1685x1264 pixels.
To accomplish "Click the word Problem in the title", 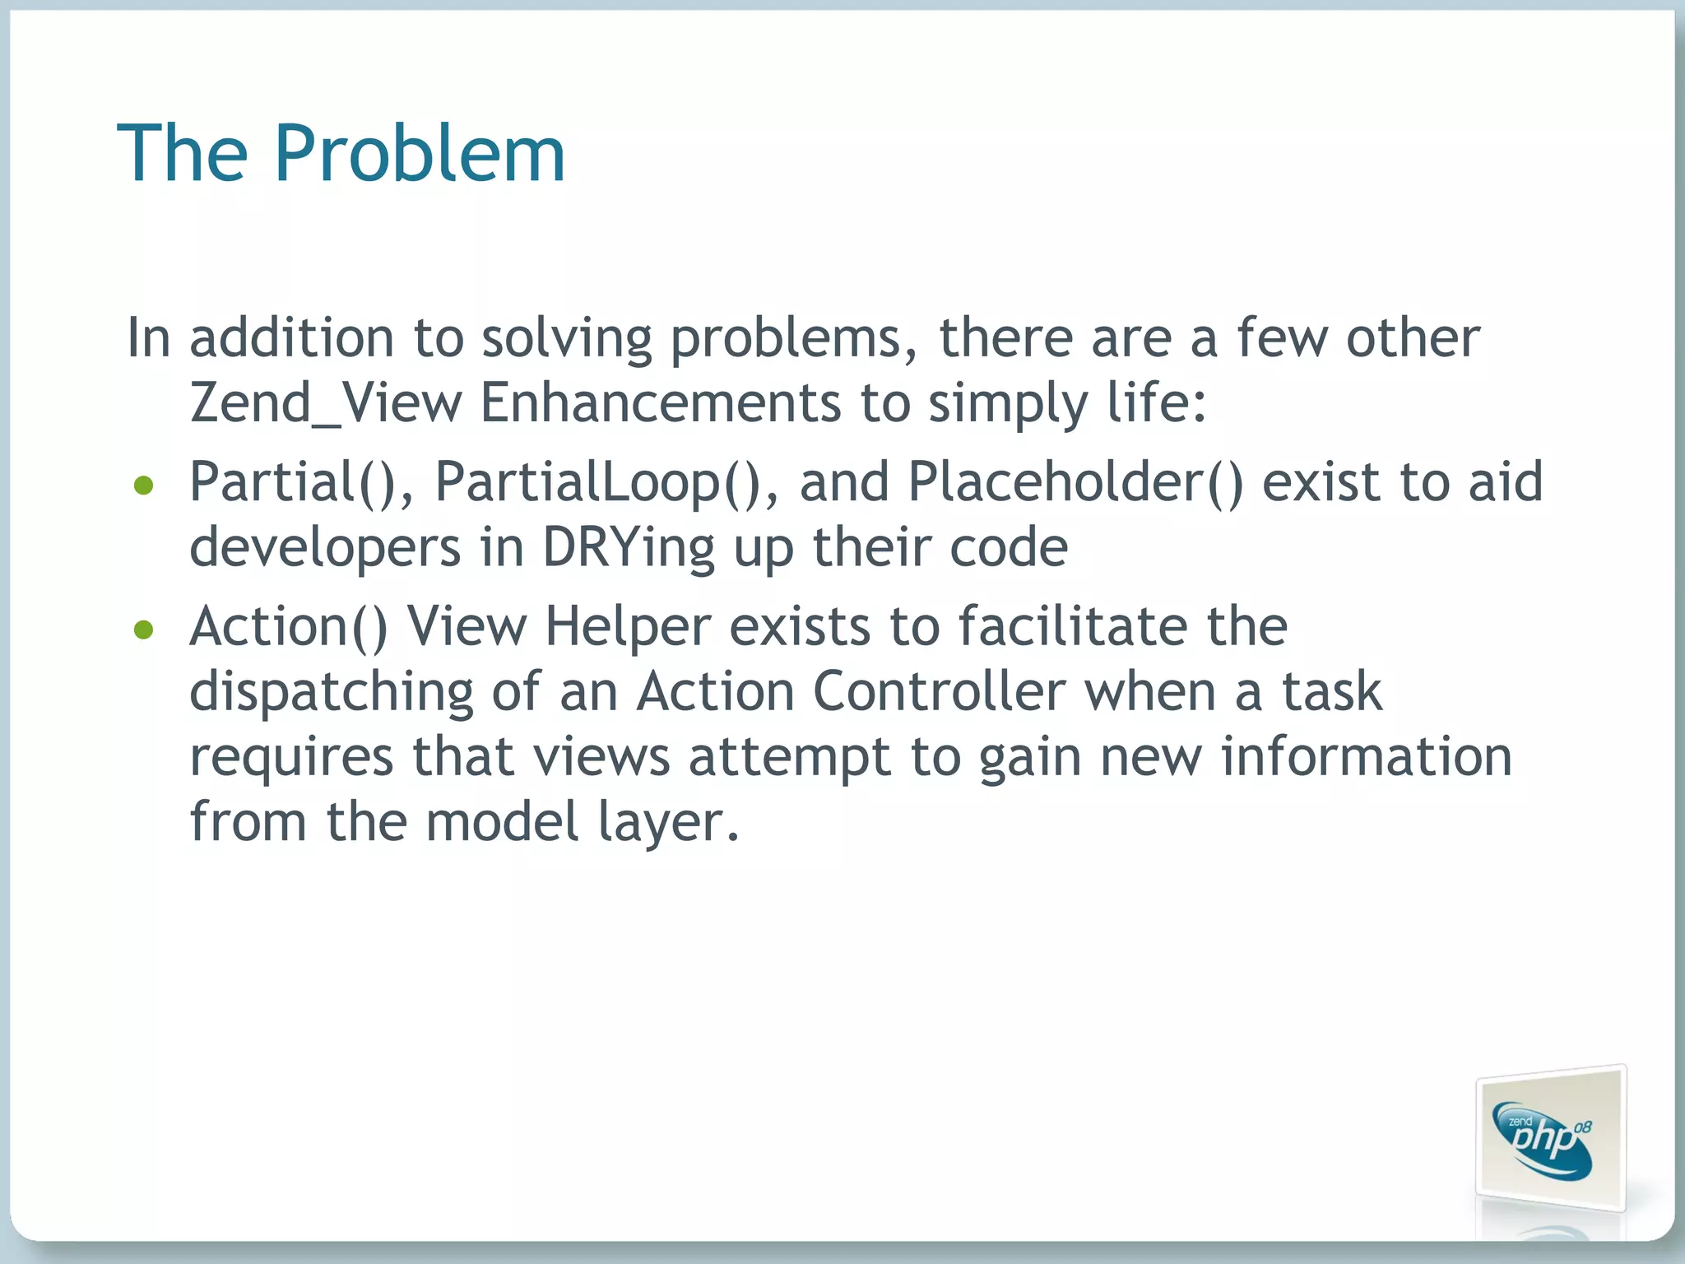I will click(x=420, y=154).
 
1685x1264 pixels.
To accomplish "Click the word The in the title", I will click(x=183, y=154).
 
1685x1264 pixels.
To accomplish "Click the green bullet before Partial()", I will click(x=144, y=486).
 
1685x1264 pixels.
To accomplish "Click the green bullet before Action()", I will click(x=144, y=630).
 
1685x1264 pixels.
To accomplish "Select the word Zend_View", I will click(x=326, y=403).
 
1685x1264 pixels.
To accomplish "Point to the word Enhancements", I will click(x=661, y=403).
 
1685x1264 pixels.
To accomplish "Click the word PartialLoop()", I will click(x=606, y=482).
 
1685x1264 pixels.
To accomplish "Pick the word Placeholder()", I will click(x=1075, y=482).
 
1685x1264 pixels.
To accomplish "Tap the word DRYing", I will click(x=629, y=548).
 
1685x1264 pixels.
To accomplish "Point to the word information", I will click(x=1366, y=757).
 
